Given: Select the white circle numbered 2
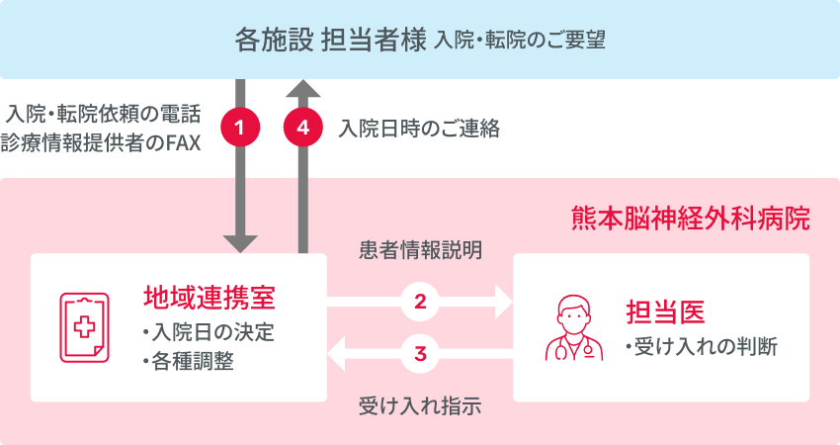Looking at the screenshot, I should [420, 303].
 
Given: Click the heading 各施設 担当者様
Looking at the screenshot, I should [329, 40].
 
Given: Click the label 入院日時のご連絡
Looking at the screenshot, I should [419, 129].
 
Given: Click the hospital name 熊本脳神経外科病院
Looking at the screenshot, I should [691, 218].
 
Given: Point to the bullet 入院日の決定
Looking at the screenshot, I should [208, 330].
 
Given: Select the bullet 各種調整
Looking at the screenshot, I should [188, 360].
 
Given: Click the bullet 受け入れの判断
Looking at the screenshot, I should [702, 347].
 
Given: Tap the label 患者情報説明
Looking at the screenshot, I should [420, 250].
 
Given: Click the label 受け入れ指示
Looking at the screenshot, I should [420, 404].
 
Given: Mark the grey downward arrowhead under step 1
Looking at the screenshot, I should [241, 242].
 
